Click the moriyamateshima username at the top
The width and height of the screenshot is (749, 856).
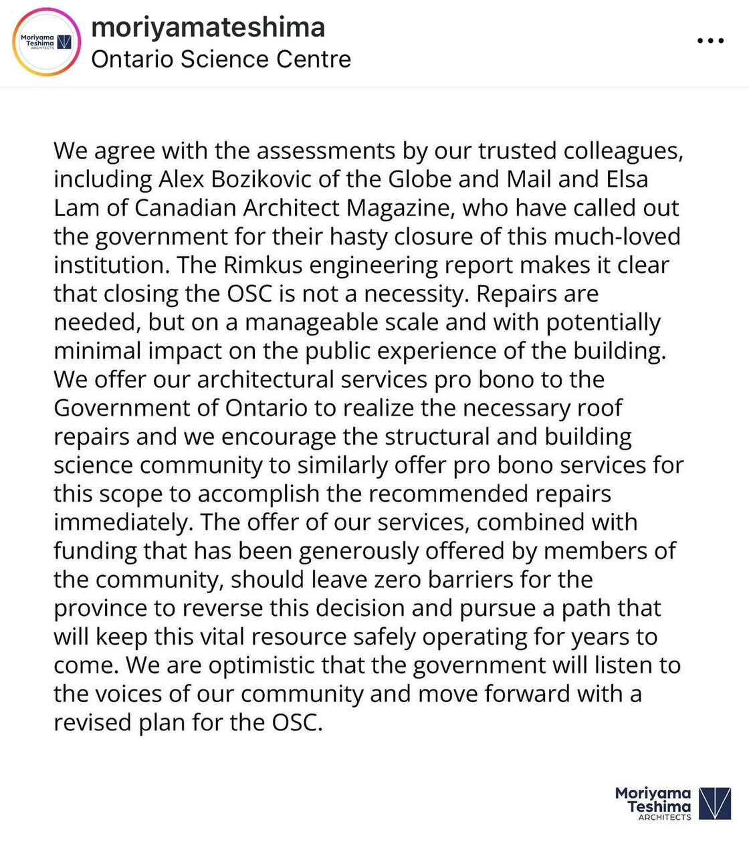208,27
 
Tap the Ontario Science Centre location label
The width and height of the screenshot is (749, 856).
221,60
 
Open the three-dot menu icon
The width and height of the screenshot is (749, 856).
710,41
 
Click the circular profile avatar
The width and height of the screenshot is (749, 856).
46,42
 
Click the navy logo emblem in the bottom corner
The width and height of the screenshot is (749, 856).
714,802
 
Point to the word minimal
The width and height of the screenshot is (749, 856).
98,351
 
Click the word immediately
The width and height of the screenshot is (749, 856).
122,522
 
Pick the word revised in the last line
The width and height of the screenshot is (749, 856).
92,723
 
